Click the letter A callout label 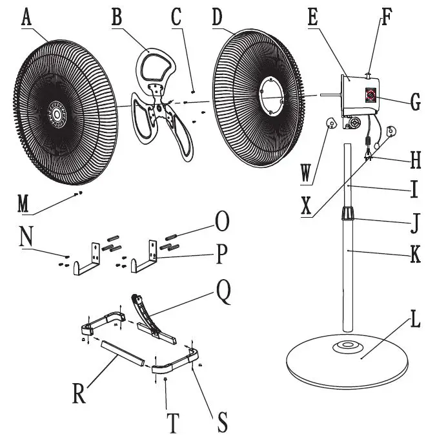pyautogui.click(x=26, y=18)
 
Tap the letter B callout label pyautogui.click(x=117, y=18)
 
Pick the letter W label pyautogui.click(x=307, y=173)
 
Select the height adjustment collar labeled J pyautogui.click(x=349, y=213)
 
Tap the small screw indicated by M pyautogui.click(x=79, y=193)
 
